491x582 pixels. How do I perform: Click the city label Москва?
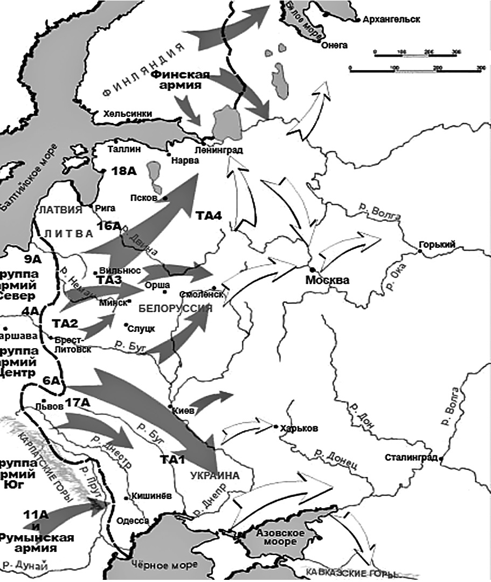[x=327, y=280]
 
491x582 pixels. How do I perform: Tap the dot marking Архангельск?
[x=358, y=20]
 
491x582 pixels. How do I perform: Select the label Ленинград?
[x=219, y=150]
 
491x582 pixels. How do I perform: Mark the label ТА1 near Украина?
[x=172, y=460]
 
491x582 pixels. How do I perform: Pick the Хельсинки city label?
[x=128, y=114]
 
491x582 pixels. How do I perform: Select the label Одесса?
[x=133, y=520]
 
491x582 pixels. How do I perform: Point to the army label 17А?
[x=78, y=402]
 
